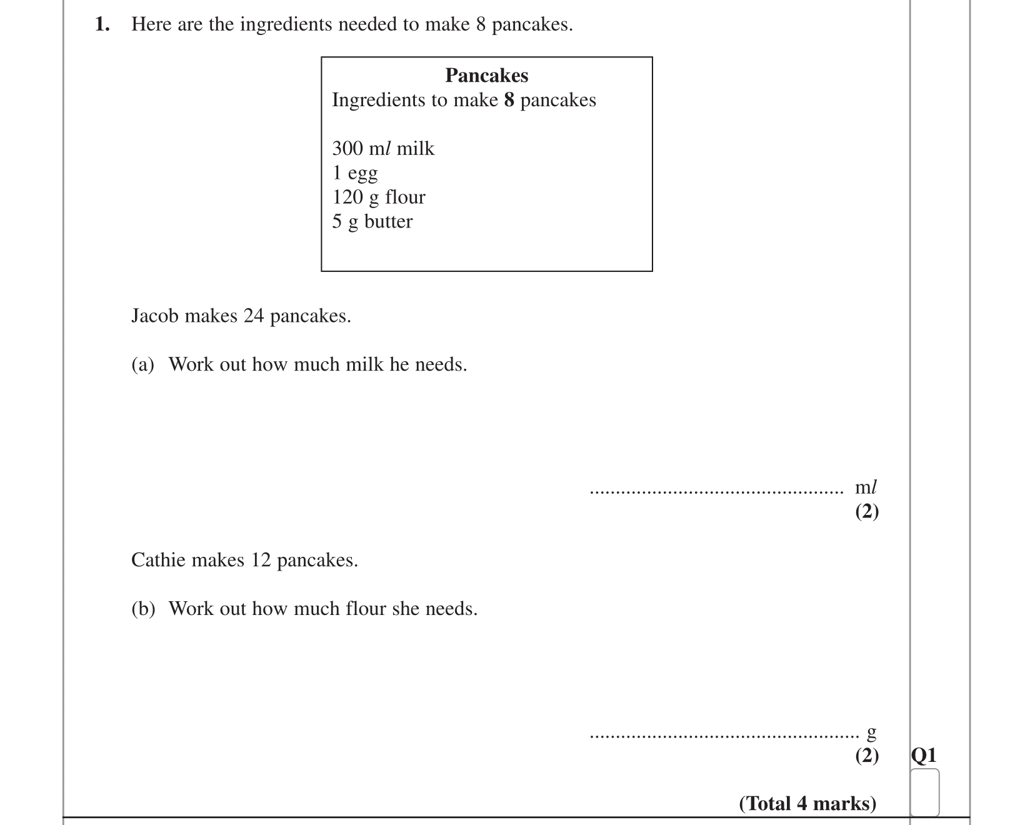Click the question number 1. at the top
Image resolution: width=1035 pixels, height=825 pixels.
coord(102,24)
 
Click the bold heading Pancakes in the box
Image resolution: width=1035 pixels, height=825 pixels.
coord(486,76)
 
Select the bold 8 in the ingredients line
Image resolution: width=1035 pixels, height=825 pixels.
coord(509,100)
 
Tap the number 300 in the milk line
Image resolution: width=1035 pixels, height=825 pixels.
coord(347,149)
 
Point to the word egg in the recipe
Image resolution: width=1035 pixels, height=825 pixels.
coord(362,174)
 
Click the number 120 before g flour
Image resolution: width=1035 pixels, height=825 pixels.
coord(347,197)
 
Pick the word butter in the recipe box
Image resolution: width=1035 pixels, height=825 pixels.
coord(388,222)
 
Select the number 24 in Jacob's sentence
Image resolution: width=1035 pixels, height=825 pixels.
coord(254,316)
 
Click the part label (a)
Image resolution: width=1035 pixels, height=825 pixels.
coord(142,364)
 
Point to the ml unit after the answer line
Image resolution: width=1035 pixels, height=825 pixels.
coord(866,487)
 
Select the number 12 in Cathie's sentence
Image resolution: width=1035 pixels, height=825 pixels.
coord(261,560)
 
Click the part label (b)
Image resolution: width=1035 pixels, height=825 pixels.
coord(143,609)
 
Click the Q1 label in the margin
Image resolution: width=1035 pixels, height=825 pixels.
coord(924,756)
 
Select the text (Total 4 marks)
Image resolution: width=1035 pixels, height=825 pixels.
coord(807,803)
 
